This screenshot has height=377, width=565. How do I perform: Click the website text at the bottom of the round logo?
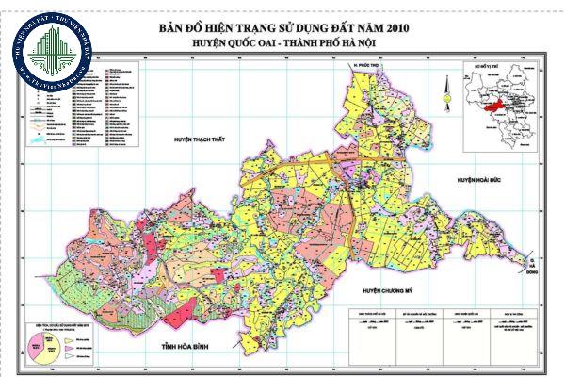point(50,82)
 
